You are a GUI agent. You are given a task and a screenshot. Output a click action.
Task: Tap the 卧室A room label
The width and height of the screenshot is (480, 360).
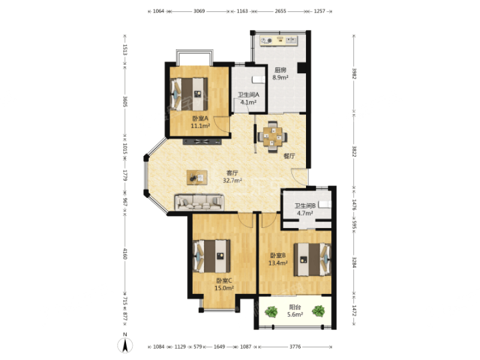pyautogui.click(x=200, y=118)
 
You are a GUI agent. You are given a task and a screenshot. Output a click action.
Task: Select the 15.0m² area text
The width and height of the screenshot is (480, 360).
pyautogui.click(x=224, y=288)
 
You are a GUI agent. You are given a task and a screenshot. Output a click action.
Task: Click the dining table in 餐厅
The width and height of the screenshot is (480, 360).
pyautogui.click(x=273, y=136)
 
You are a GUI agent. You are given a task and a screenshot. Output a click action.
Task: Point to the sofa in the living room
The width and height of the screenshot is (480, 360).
pyautogui.click(x=199, y=202)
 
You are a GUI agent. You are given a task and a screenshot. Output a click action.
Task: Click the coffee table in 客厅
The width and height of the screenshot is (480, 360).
pyautogui.click(x=197, y=178)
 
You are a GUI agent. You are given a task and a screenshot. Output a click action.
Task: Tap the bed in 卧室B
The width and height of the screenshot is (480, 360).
pyautogui.click(x=313, y=260)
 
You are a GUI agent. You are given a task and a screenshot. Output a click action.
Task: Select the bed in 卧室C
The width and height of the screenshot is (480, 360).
pyautogui.click(x=212, y=256)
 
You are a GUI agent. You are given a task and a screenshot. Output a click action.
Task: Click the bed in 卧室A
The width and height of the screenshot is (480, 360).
pyautogui.click(x=189, y=94)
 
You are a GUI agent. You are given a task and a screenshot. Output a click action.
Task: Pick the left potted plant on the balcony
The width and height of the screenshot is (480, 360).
pyautogui.click(x=271, y=312)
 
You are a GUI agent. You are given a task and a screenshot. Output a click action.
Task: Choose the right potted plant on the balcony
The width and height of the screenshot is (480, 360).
pyautogui.click(x=319, y=311)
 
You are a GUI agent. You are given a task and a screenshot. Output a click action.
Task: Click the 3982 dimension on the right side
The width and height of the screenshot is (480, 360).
pyautogui.click(x=354, y=73)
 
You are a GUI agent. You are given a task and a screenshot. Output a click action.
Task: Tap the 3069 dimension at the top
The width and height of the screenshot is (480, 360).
pyautogui.click(x=199, y=11)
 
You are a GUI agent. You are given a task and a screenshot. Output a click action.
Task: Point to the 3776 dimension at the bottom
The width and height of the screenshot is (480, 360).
pyautogui.click(x=295, y=347)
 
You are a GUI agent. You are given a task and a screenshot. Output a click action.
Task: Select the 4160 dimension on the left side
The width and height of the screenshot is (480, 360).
pyautogui.click(x=125, y=253)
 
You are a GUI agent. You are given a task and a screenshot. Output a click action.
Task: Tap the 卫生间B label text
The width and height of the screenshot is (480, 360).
pyautogui.click(x=305, y=206)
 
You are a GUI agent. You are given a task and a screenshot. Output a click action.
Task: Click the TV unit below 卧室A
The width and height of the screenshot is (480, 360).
pyautogui.click(x=202, y=142)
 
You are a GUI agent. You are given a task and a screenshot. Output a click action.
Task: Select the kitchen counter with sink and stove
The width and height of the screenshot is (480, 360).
pyautogui.click(x=278, y=40)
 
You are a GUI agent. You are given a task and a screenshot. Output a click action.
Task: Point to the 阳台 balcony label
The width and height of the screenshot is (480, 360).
pyautogui.click(x=295, y=307)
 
